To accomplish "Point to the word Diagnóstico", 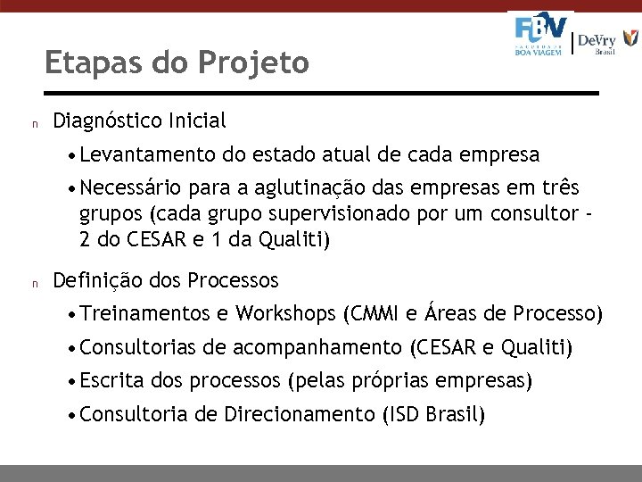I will coord(110,120).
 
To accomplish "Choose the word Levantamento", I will coord(148,155).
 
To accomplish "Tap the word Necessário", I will coord(129,188).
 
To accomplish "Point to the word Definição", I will coord(97,281).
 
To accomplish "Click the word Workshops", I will coord(285,314).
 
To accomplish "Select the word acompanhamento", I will coord(317,347).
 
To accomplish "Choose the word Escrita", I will coord(111,381).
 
